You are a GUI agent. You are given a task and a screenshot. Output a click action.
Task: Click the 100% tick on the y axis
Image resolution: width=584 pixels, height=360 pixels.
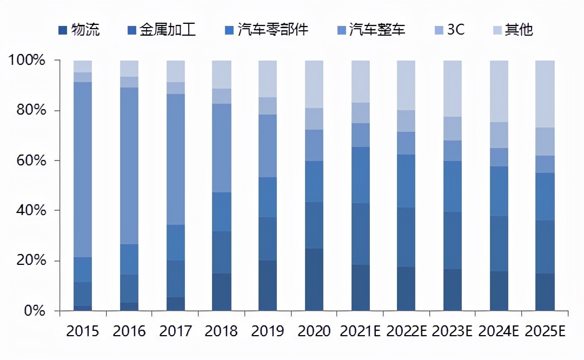tap(27, 60)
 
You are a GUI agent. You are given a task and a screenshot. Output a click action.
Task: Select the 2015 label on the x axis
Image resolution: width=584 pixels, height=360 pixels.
tap(83, 331)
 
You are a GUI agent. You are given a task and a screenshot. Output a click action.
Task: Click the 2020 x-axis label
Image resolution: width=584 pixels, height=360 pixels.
tap(314, 331)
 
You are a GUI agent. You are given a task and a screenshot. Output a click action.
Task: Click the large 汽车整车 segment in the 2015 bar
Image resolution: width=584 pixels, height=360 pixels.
tap(83, 169)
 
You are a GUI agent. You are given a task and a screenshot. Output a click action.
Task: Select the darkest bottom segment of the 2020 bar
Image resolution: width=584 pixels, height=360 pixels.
tap(314, 279)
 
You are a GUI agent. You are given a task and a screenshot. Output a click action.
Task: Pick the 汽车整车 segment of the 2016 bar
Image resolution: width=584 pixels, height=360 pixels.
tap(129, 165)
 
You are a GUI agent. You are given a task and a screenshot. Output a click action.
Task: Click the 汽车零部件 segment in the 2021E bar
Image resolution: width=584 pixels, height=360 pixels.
tap(361, 175)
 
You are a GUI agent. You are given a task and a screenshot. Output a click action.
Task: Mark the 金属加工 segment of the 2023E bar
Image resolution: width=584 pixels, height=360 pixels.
tap(453, 241)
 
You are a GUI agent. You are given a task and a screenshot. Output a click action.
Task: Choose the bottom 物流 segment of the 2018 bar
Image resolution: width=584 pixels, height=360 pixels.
tap(222, 292)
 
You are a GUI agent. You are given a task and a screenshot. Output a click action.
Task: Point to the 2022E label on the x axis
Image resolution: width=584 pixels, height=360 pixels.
tap(407, 331)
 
